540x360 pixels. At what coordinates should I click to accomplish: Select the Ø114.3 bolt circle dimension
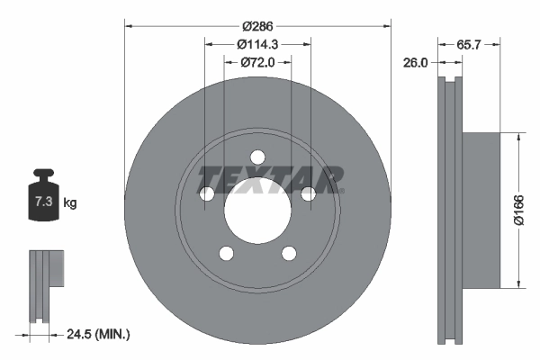[257, 43]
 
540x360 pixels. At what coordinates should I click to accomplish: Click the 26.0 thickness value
[415, 62]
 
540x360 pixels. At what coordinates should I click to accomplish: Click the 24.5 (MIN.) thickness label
[99, 335]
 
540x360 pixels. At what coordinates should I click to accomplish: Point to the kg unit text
[70, 203]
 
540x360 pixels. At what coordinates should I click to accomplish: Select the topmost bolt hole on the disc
[257, 155]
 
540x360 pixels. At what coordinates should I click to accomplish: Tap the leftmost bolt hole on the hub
[206, 193]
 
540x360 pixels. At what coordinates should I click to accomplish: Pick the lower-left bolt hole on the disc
[226, 253]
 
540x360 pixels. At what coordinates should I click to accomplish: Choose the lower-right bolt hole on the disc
[289, 253]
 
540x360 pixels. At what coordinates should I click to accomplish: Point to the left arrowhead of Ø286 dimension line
[127, 24]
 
